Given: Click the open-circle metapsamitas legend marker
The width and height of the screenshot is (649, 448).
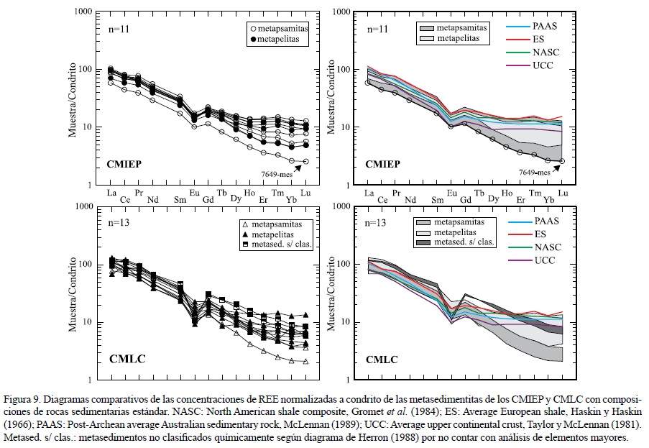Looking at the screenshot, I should click(251, 28).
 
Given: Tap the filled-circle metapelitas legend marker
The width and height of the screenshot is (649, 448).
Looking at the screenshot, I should click(251, 40).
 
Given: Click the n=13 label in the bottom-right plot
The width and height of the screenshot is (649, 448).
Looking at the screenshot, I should click(377, 223).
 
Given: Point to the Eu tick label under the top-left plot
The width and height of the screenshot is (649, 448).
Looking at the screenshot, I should click(194, 193).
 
